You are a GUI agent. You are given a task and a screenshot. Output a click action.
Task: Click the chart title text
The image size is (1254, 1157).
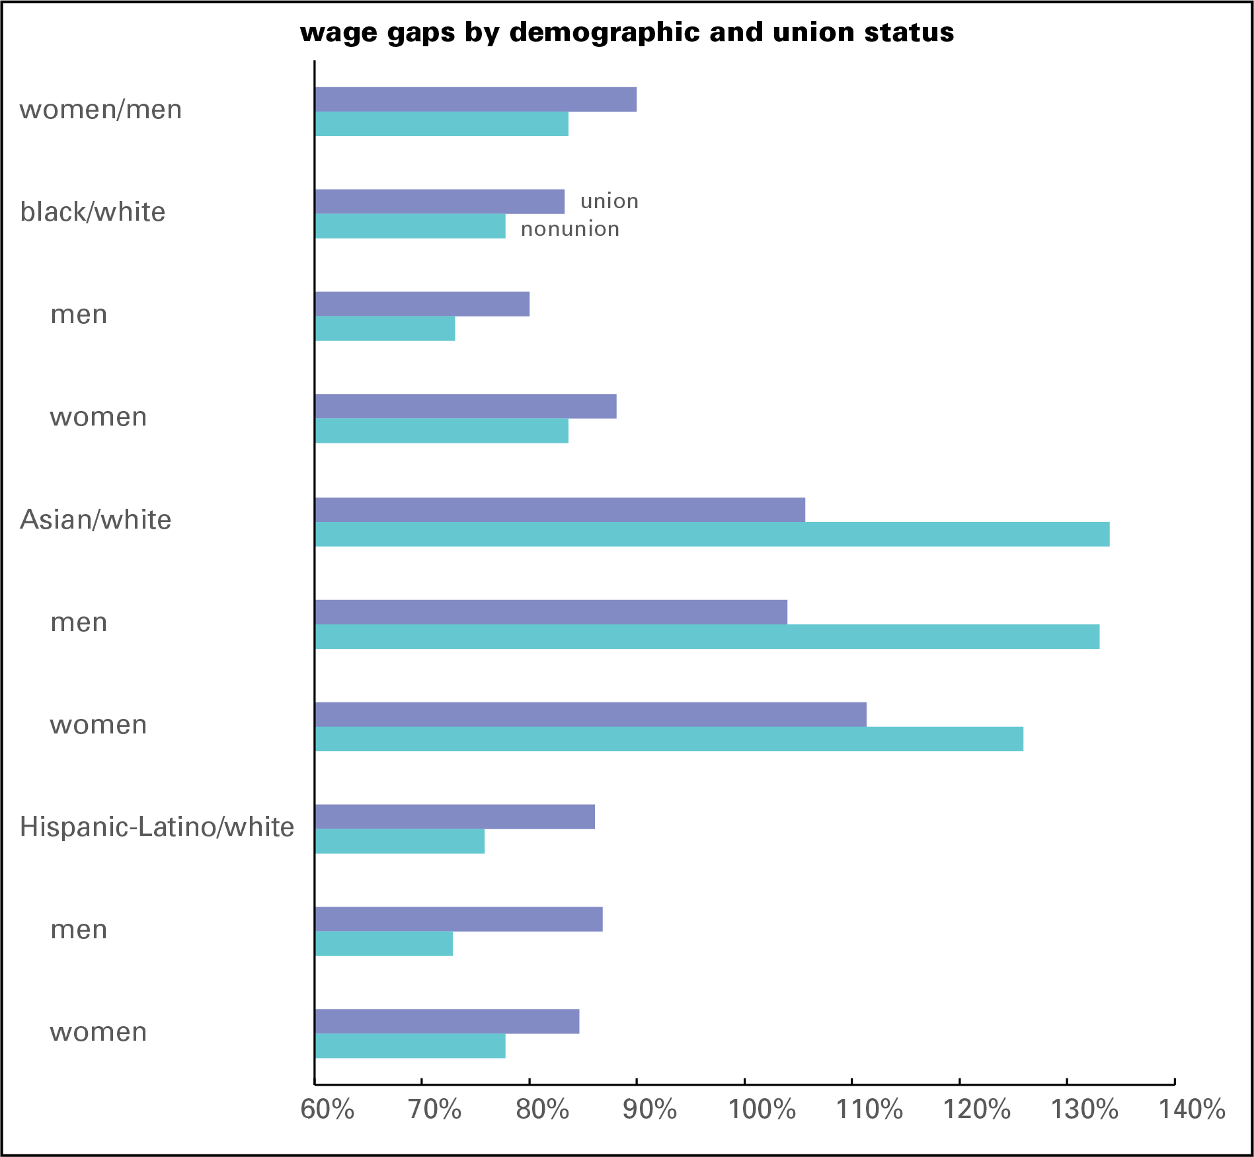tap(627, 32)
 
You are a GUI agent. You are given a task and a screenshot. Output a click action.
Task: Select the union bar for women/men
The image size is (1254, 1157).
tap(476, 100)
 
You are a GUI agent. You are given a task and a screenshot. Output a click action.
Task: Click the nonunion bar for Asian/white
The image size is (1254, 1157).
tap(712, 535)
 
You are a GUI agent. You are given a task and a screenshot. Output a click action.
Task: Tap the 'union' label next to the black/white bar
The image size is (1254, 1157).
tap(609, 201)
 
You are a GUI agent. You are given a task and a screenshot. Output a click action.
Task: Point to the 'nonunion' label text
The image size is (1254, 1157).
tap(570, 229)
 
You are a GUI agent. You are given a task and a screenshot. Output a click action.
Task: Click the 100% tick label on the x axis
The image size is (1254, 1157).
tap(762, 1109)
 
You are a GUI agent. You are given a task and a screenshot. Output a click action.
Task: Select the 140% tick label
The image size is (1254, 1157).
tap(1192, 1109)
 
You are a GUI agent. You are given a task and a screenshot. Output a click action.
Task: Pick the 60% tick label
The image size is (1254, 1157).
tap(327, 1109)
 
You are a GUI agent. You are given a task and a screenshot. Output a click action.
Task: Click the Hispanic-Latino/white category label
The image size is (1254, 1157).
tap(157, 827)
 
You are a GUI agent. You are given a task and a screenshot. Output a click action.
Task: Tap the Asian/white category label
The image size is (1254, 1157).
tap(96, 520)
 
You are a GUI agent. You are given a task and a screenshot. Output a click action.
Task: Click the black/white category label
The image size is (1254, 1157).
tap(93, 212)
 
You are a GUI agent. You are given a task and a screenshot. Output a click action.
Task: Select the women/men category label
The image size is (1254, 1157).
tap(100, 110)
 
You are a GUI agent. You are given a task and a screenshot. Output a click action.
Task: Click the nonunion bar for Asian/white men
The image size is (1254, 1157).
tap(707, 637)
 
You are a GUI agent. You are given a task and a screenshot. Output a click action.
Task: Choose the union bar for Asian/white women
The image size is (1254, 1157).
tap(590, 715)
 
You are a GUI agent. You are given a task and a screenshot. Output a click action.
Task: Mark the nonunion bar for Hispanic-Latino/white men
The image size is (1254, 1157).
tap(384, 944)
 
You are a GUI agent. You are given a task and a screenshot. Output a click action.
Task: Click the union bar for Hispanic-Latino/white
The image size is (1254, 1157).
tap(455, 817)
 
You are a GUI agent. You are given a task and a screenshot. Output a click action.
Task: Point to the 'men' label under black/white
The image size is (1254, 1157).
tap(79, 315)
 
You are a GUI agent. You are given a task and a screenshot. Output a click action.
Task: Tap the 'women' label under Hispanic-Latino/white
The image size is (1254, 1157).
tap(98, 1032)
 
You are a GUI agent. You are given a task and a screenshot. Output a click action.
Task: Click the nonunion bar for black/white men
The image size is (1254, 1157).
tap(385, 329)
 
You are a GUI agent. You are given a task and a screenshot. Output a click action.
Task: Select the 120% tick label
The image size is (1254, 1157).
tap(976, 1109)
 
